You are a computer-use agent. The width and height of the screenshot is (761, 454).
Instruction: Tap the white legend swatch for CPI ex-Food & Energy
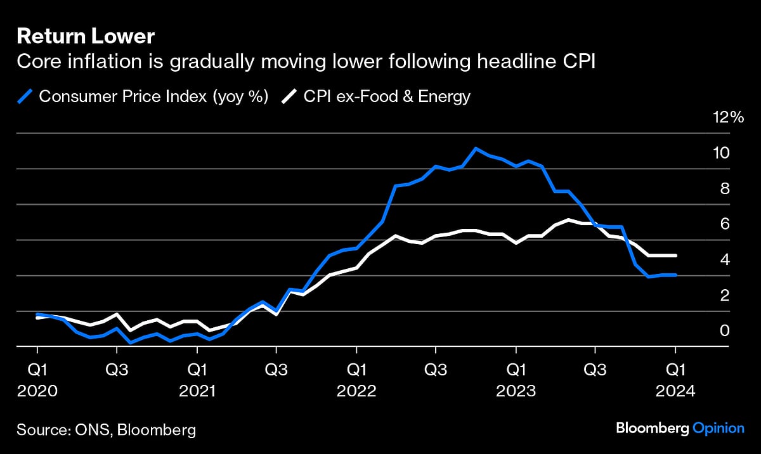(x=289, y=96)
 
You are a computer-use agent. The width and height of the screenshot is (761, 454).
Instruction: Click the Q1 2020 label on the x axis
(x=37, y=379)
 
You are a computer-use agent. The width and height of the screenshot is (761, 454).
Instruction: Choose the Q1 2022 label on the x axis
(x=356, y=379)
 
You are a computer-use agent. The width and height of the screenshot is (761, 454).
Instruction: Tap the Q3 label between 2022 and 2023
(x=436, y=369)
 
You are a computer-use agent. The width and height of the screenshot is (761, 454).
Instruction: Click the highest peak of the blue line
(x=476, y=148)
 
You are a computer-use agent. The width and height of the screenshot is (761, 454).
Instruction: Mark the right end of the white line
(x=676, y=256)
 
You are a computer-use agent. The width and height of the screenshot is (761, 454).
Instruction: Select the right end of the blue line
(x=676, y=275)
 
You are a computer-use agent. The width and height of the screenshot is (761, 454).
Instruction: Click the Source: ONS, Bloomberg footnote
(x=106, y=430)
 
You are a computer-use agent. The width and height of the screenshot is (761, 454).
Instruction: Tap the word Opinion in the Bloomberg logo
(x=718, y=429)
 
